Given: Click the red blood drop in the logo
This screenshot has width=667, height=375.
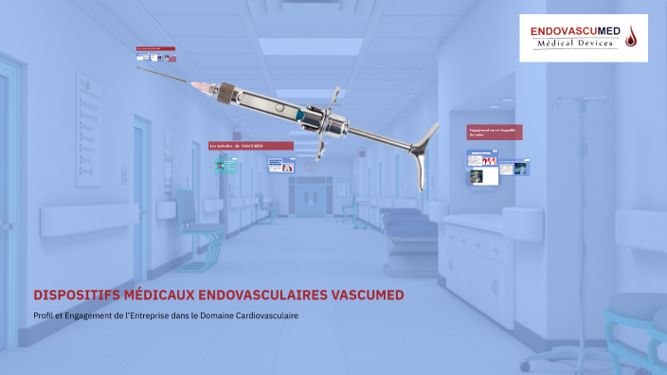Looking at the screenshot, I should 632,37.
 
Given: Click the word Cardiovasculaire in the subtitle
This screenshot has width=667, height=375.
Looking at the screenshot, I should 266,315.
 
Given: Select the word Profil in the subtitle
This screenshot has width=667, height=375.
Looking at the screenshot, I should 44,315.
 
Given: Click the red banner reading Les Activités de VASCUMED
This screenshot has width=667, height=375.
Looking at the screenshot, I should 250,145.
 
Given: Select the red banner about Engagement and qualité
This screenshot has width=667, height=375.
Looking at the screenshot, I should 495,133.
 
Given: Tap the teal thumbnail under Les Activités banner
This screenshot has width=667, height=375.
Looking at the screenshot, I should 226,167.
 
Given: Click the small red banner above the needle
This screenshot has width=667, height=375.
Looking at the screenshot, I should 155,47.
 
